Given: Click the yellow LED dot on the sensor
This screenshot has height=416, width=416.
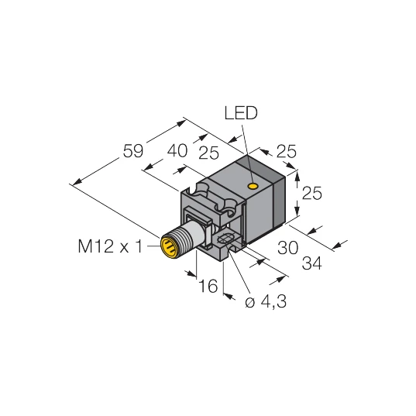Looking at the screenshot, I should pyautogui.click(x=253, y=187).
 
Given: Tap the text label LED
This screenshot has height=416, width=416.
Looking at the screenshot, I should pyautogui.click(x=241, y=114).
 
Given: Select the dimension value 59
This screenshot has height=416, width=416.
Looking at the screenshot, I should pyautogui.click(x=133, y=150).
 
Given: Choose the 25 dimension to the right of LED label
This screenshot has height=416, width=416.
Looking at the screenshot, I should pyautogui.click(x=287, y=153).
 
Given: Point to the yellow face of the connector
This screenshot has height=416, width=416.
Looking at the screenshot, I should pyautogui.click(x=167, y=247).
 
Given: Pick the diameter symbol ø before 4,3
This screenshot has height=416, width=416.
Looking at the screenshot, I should pyautogui.click(x=250, y=302).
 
